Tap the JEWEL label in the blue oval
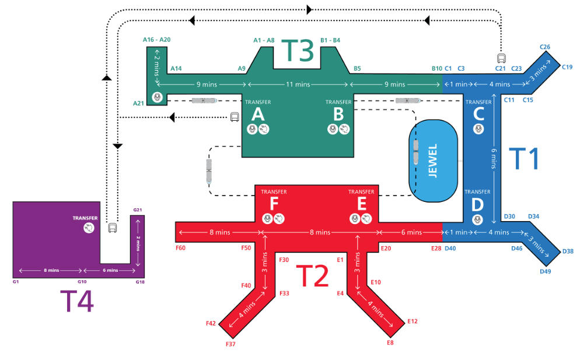point(433,160)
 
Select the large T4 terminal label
point(77,301)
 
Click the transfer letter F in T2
point(273,203)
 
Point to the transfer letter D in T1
point(477,205)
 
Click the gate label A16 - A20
point(156,40)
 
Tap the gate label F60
point(180,248)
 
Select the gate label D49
point(546,271)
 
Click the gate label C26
point(545,47)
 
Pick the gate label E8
point(390,342)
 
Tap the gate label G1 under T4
point(16,282)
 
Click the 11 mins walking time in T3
point(298,85)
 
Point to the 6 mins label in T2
point(411,232)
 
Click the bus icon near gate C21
point(501,58)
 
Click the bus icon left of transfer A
point(234,117)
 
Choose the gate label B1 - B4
point(330,40)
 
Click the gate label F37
point(230,344)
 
